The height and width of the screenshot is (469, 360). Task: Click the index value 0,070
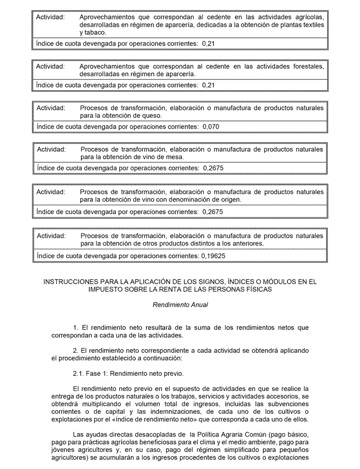[x=210, y=127]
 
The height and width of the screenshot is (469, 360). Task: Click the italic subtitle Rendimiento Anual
[x=180, y=305]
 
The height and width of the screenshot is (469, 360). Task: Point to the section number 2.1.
[x=79, y=374]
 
